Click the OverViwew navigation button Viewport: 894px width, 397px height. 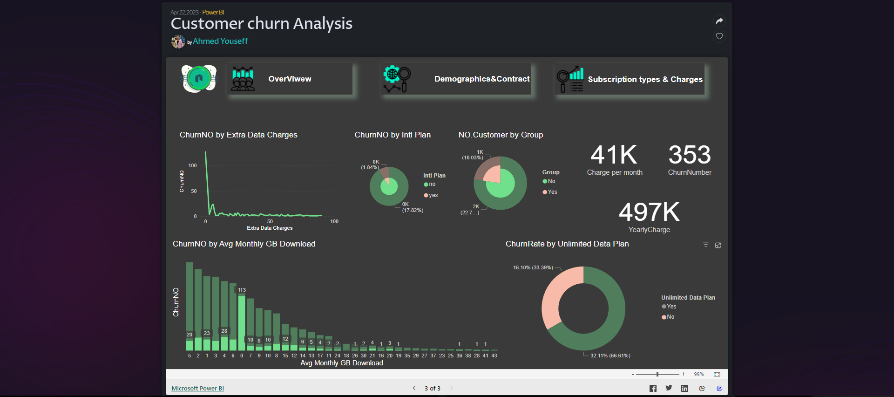(x=290, y=79)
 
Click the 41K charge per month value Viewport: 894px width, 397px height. (x=614, y=155)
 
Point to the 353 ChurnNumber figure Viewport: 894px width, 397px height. (x=690, y=155)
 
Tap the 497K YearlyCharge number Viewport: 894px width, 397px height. (x=649, y=212)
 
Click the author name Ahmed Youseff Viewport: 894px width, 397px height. (x=220, y=41)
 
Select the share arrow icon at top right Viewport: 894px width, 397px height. (x=719, y=21)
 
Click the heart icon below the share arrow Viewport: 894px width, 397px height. (x=719, y=36)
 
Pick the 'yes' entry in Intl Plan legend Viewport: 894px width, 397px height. (x=433, y=195)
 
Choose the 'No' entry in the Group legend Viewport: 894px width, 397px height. (x=551, y=181)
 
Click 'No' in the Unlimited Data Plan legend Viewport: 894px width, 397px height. (x=670, y=317)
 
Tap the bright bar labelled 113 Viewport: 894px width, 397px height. (x=242, y=322)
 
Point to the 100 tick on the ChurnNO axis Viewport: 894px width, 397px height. (x=192, y=165)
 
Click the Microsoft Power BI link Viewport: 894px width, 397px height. (x=197, y=388)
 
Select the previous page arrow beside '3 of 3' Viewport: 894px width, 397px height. (x=414, y=388)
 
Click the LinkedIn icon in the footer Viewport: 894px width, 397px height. (x=684, y=388)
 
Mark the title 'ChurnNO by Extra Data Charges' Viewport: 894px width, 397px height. (x=238, y=135)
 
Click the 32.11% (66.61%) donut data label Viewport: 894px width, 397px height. (x=610, y=356)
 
